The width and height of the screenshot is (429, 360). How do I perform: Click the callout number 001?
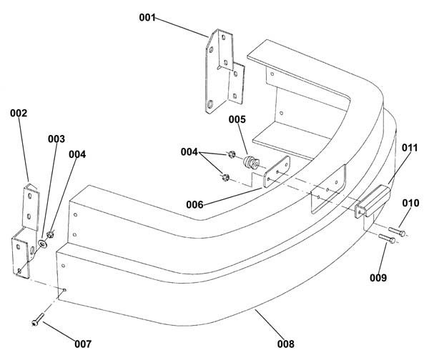pos(147,17)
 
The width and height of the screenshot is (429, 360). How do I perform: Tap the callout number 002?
pos(19,113)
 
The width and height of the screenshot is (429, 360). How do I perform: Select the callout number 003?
pos(56,139)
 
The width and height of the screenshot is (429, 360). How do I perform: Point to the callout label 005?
pos(237,119)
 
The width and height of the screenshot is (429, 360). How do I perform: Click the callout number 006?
pos(194,204)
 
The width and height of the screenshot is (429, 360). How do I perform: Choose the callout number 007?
pos(83,344)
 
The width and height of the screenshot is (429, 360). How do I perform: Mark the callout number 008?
pos(286,344)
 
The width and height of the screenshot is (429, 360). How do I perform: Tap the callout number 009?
pos(378,278)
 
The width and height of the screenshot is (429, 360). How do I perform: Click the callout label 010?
pos(410,203)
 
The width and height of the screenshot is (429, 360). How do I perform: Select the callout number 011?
pos(410,148)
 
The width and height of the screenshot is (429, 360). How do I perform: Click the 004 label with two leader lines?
pos(189,152)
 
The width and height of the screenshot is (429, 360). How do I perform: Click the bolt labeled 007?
pos(38,319)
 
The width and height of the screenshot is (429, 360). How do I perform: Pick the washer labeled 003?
pos(43,244)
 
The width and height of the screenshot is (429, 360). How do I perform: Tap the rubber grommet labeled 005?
pos(251,162)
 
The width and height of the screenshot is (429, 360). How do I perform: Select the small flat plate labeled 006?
pos(277,171)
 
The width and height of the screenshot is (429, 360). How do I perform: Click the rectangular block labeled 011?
pos(373,201)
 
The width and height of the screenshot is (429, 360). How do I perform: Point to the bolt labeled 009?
pos(387,239)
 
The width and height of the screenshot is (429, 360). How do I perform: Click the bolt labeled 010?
pos(397,232)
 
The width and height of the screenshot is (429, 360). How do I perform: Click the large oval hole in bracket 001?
pos(210,104)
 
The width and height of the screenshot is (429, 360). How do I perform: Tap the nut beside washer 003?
pos(50,234)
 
